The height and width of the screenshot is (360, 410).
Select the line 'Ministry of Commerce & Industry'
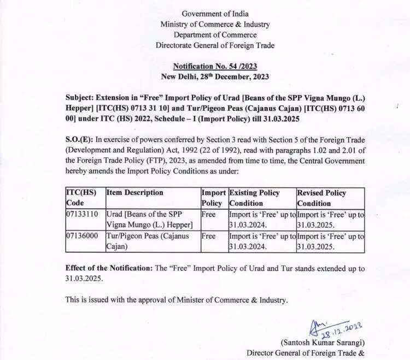pos(215,24)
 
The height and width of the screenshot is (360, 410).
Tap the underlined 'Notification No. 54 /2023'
pos(215,66)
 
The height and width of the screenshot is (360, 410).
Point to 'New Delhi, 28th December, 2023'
pos(215,76)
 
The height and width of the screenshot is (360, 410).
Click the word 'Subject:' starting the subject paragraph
pos(81,98)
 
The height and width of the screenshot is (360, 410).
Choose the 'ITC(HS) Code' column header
pos(81,198)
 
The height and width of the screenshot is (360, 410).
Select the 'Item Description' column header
pos(135,193)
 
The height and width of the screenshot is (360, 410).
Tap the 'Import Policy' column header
pos(213,198)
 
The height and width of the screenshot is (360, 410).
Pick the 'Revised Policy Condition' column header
pos(323,198)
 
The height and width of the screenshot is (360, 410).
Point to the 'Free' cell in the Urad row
pos(209,215)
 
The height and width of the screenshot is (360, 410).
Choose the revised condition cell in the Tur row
pos(330,241)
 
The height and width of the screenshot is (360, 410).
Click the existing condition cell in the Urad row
pos(262,220)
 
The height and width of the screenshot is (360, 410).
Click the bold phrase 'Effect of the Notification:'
pos(111,268)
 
